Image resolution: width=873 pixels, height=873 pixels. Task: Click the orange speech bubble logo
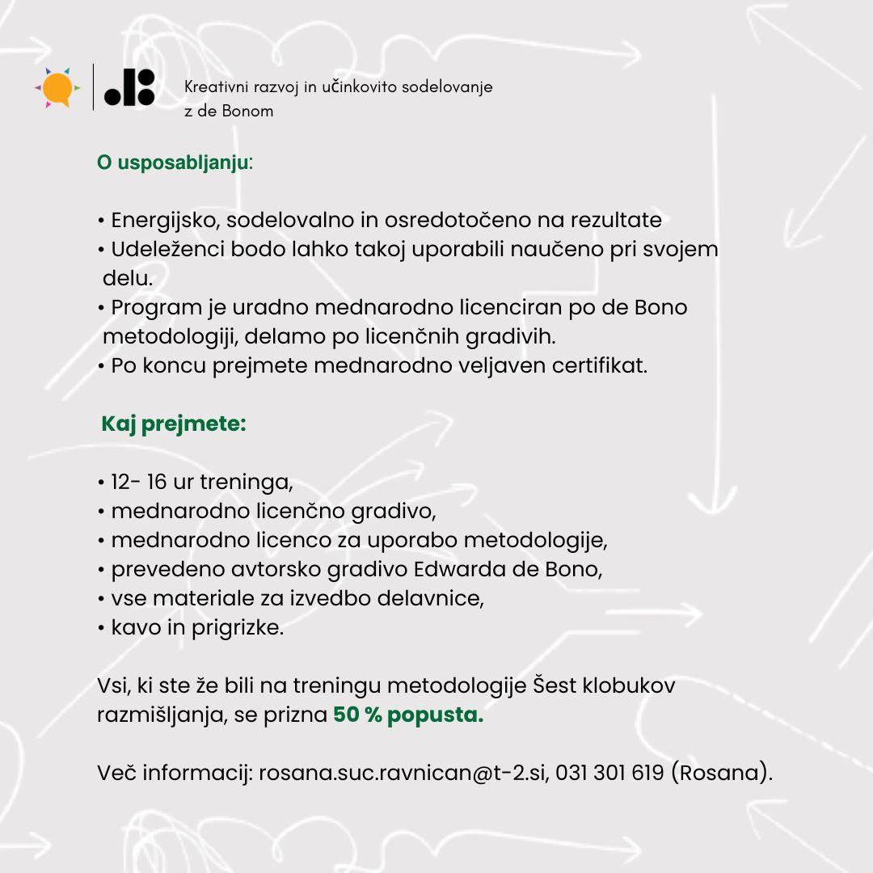(x=57, y=88)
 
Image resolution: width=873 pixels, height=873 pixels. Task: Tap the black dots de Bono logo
(x=129, y=87)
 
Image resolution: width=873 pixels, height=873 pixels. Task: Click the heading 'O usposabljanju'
(x=173, y=162)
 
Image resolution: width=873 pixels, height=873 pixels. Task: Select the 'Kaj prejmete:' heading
(x=173, y=424)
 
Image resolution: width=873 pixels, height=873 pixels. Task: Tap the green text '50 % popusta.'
(x=408, y=715)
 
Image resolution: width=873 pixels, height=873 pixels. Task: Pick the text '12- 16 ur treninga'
(x=200, y=483)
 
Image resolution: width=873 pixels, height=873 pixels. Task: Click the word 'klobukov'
(x=630, y=685)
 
